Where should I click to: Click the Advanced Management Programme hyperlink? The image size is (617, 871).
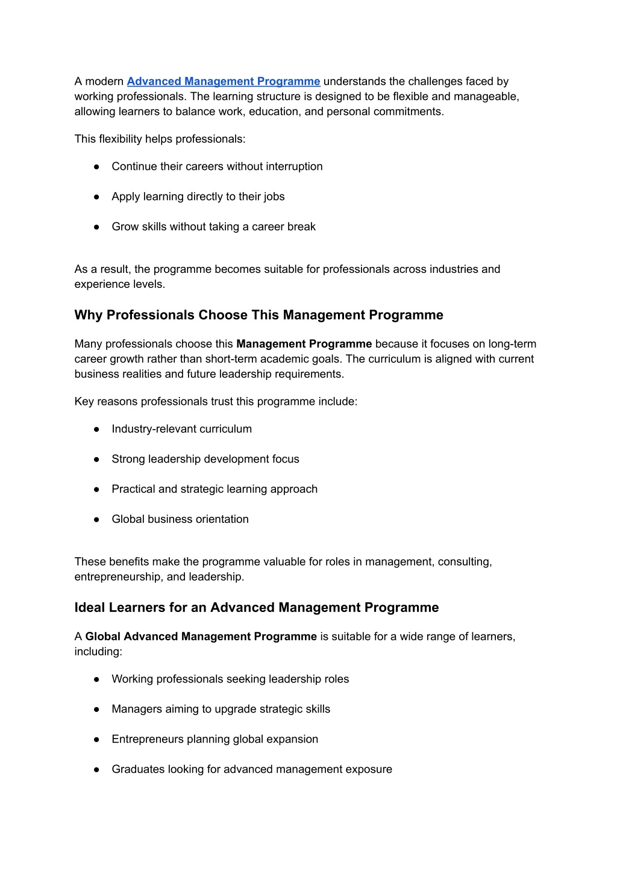[223, 81]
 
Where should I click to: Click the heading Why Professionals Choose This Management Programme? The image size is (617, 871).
[258, 315]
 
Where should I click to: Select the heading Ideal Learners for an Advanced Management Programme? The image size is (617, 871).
[256, 607]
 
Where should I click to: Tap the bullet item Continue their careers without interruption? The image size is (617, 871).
[217, 166]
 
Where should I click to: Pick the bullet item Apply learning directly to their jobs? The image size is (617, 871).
[198, 196]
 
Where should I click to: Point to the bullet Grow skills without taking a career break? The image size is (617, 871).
[213, 226]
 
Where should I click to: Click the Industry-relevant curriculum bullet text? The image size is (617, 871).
[181, 429]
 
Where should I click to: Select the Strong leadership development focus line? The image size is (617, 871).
[205, 459]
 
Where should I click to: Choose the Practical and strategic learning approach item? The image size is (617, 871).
[214, 489]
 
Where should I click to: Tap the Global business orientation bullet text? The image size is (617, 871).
[180, 519]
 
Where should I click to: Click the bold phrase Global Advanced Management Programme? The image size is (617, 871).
[201, 637]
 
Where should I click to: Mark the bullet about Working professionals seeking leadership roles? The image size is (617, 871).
[230, 679]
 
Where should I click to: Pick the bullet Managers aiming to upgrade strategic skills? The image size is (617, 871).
[221, 709]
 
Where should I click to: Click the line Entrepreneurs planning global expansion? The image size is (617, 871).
[215, 739]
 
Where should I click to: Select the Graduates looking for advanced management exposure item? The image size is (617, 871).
[251, 769]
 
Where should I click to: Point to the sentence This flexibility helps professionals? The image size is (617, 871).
[160, 139]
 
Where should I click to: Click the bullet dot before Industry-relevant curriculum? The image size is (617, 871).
[96, 429]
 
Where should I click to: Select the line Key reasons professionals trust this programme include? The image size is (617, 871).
[216, 402]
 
